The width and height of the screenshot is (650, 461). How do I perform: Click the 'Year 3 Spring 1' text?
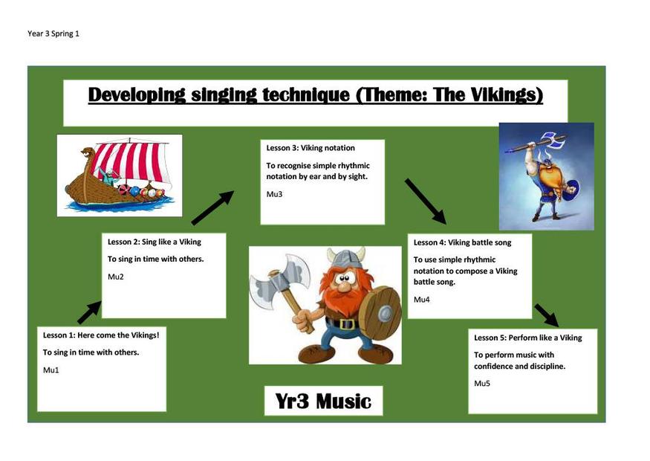pyautogui.click(x=53, y=33)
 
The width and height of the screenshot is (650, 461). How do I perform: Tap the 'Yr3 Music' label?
pyautogui.click(x=323, y=401)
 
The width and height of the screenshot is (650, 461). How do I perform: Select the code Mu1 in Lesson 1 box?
pyautogui.click(x=51, y=370)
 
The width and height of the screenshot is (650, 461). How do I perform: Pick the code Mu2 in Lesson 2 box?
pyautogui.click(x=116, y=277)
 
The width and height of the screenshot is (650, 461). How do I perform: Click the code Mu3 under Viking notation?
pyautogui.click(x=274, y=194)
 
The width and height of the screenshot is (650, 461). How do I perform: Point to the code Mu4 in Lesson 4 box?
pyautogui.click(x=422, y=300)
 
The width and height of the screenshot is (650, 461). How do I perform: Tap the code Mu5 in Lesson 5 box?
pyautogui.click(x=482, y=384)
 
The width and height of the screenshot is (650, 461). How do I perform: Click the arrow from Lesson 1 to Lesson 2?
pyautogui.click(x=89, y=312)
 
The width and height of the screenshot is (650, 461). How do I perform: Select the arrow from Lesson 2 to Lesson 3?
pyautogui.click(x=212, y=208)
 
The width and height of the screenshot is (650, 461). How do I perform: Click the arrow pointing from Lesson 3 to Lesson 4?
pyautogui.click(x=426, y=202)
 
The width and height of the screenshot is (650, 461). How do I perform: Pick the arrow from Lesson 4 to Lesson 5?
pyautogui.click(x=547, y=315)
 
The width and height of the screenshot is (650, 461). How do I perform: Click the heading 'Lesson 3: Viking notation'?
pyautogui.click(x=311, y=148)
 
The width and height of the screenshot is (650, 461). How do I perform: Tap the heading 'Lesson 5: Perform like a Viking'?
pyautogui.click(x=528, y=338)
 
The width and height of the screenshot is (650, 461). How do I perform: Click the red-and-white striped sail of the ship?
pyautogui.click(x=131, y=162)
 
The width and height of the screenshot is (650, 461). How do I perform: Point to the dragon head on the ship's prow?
pyautogui.click(x=87, y=152)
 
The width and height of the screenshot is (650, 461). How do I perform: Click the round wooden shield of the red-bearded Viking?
pyautogui.click(x=380, y=313)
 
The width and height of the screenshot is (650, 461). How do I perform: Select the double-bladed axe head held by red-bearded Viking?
pyautogui.click(x=279, y=281)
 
